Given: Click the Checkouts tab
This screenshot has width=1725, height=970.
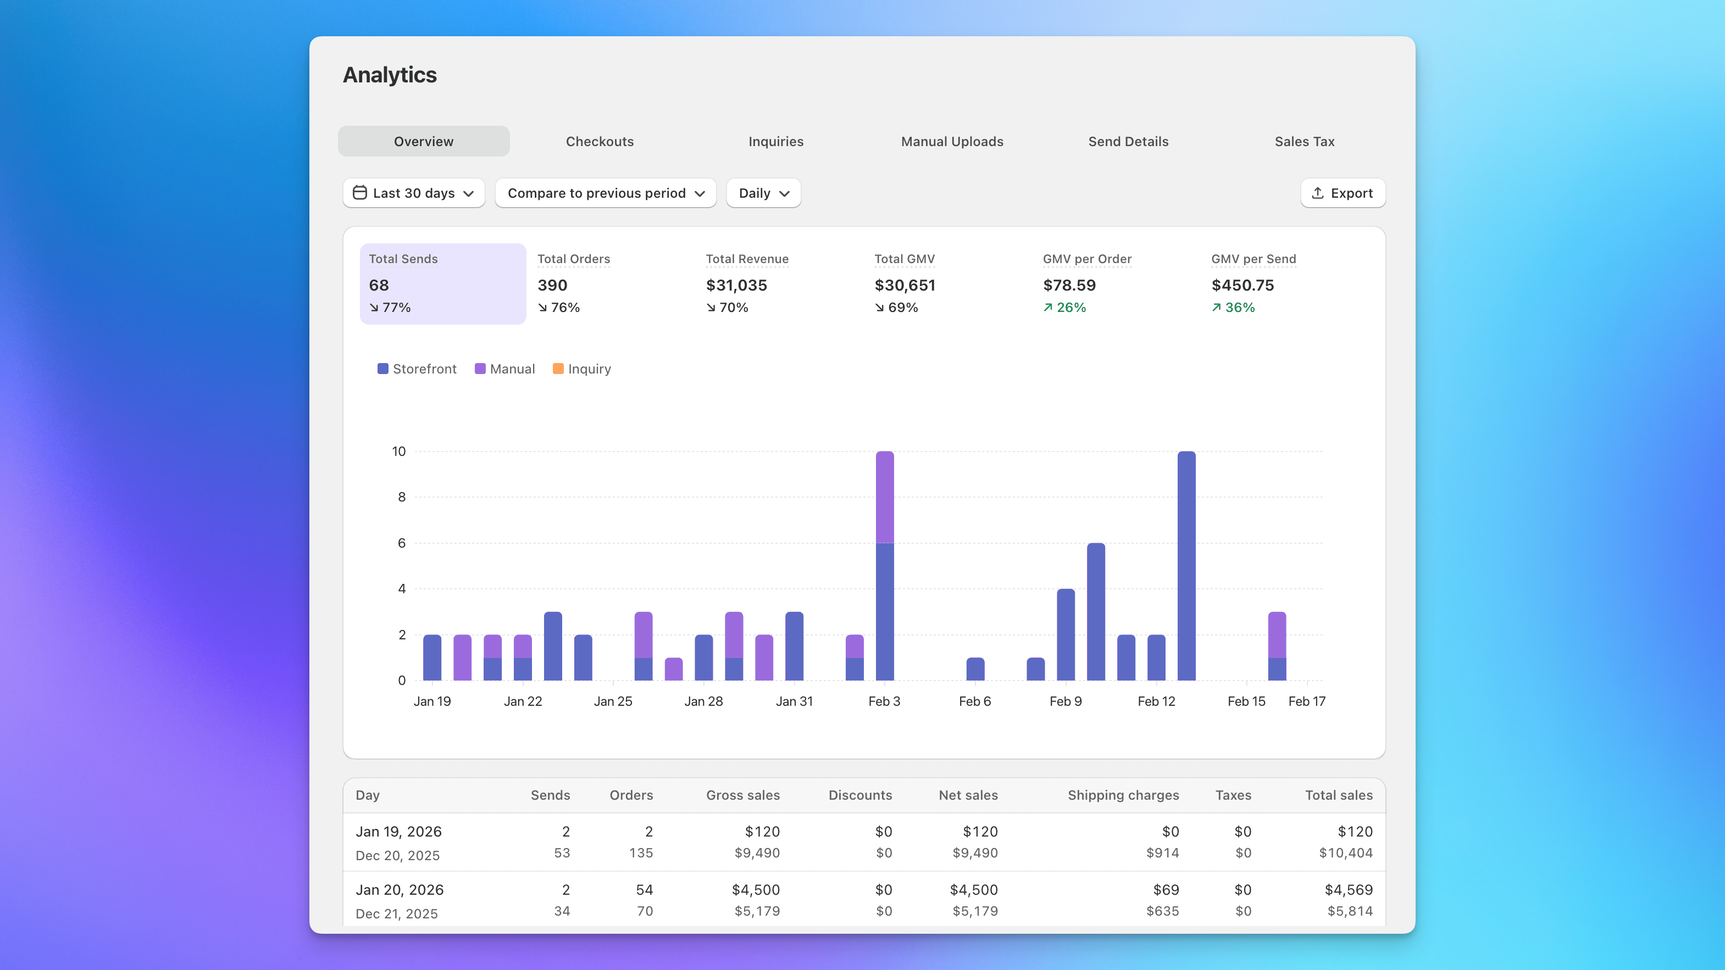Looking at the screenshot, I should tap(600, 141).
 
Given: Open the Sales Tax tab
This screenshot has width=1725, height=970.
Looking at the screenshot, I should tap(1304, 141).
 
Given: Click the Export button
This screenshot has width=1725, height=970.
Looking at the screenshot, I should tap(1343, 193).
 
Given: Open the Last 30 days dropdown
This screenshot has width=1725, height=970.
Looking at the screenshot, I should tap(414, 193).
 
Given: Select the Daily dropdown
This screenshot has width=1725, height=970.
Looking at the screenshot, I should tap(763, 193).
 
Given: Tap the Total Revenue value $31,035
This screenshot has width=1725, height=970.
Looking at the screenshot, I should tap(736, 285).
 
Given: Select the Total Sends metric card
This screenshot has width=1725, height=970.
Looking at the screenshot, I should tap(442, 284).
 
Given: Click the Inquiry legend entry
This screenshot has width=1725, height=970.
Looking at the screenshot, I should tap(582, 369).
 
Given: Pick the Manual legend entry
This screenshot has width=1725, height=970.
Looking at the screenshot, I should tap(505, 369).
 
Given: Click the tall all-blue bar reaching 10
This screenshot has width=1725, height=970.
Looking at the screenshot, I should tap(1186, 566).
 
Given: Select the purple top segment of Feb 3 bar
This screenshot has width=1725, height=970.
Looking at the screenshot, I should tap(885, 497).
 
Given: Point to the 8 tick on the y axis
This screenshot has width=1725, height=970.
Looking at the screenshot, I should tap(402, 497).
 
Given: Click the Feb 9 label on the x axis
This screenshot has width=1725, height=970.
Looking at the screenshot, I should tap(1066, 701).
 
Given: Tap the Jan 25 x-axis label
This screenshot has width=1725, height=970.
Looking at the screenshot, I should tap(613, 701).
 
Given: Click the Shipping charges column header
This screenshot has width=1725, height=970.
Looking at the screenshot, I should tap(1123, 795).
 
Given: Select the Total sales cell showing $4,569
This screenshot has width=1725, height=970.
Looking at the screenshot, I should tap(1348, 890).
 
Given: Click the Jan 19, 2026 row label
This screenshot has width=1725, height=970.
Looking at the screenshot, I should tap(398, 832).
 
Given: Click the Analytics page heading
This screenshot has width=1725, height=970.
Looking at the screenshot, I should tap(390, 75).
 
